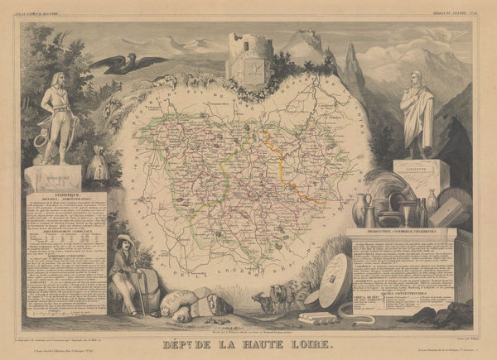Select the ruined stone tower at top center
(249, 58)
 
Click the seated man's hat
(124, 240)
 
